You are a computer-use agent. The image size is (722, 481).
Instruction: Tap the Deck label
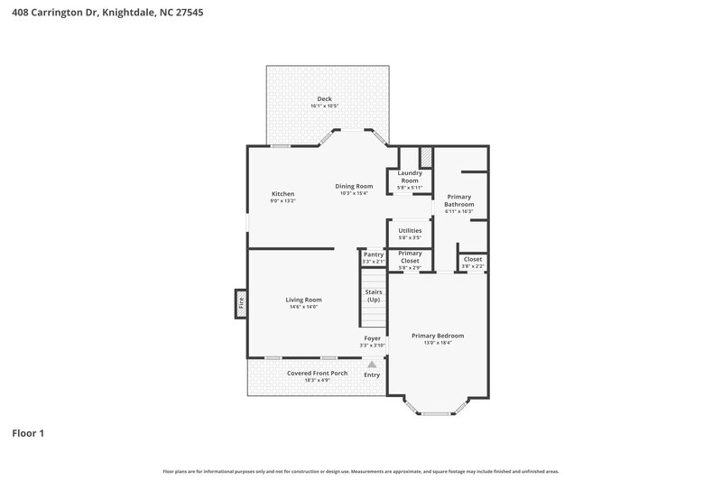coord(324,98)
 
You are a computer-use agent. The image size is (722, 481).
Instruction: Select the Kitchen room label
coord(283,194)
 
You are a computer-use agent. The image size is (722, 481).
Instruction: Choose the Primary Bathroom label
coord(458,200)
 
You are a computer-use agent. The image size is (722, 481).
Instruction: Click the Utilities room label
coord(410,231)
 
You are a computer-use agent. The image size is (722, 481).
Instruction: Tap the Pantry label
coord(374,254)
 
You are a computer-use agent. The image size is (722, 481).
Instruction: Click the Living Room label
coord(303,300)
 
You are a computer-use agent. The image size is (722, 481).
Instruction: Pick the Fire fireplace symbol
coord(241,303)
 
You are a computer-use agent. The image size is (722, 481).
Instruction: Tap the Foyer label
coord(372,338)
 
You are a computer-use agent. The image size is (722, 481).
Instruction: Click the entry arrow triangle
coord(372,365)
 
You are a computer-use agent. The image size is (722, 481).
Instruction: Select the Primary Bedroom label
coord(437,336)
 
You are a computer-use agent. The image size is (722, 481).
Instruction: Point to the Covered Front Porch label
coord(317,374)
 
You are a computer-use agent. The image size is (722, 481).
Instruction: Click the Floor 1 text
coord(28,433)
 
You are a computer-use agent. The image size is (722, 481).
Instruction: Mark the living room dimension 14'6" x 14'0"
coord(303,307)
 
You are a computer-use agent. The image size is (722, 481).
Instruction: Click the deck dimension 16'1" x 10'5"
coord(324,106)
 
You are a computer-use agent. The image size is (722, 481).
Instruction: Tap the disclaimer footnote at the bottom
coord(361,471)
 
